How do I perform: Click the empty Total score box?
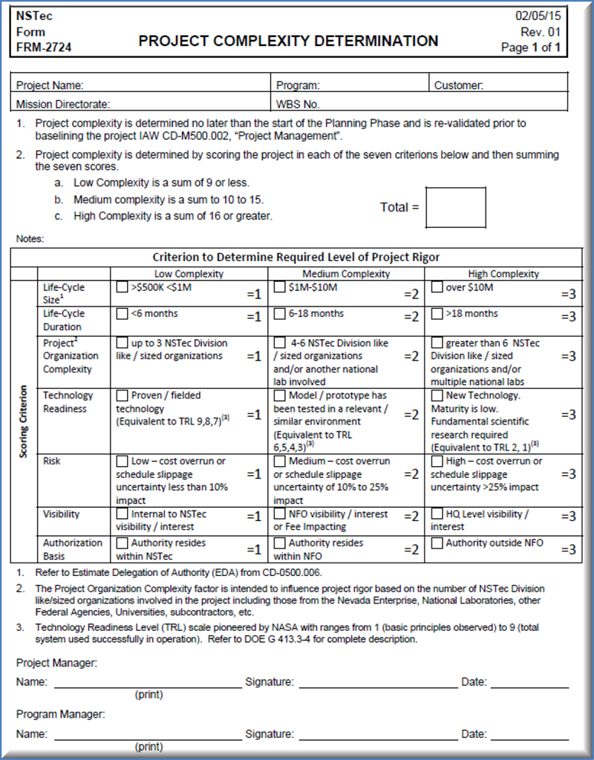456,208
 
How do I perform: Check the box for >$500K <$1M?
123,287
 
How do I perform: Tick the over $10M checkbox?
437,287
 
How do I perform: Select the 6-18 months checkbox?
280,313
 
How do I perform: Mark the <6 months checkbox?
123,313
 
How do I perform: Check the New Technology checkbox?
437,396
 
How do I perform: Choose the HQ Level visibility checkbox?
437,514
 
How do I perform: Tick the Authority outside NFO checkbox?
437,543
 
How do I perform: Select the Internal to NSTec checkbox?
123,514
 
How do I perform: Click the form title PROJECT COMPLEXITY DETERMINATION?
288,41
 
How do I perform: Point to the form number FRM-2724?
44,48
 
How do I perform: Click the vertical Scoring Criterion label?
24,421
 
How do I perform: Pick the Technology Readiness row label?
68,402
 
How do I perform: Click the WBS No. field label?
298,105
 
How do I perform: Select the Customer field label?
459,85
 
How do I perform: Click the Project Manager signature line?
378,688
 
